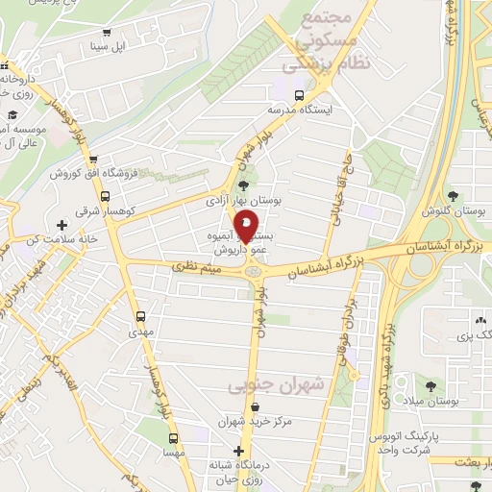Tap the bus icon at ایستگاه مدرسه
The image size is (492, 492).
pyautogui.click(x=299, y=96)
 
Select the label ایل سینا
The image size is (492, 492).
pyautogui.click(x=107, y=45)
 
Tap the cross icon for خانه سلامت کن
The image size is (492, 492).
pyautogui.click(x=62, y=225)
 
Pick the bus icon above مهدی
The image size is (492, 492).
pyautogui.click(x=142, y=315)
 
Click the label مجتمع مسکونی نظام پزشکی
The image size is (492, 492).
pyautogui.click(x=312, y=43)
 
